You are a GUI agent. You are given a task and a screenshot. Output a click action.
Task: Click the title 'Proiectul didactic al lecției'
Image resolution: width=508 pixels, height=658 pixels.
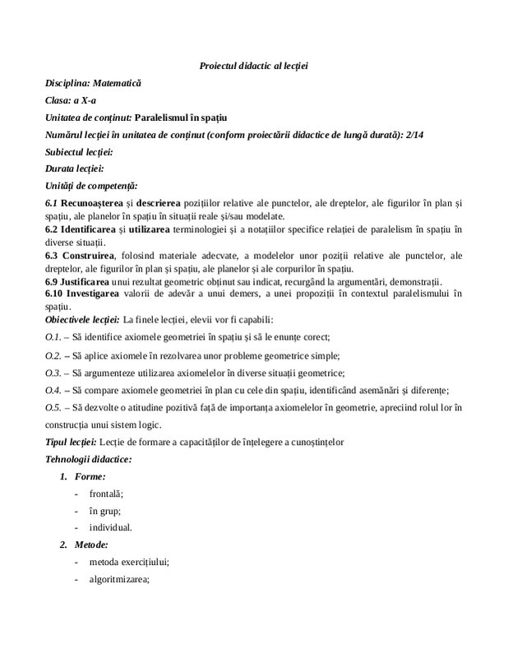point(253,64)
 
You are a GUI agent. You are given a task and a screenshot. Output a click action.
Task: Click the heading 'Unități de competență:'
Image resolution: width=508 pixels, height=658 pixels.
point(91,186)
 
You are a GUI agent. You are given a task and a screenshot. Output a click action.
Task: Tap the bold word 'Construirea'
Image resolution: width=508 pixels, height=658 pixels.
point(87,255)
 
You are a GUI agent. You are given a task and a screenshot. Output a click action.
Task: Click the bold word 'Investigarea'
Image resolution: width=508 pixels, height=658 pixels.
point(90,293)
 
